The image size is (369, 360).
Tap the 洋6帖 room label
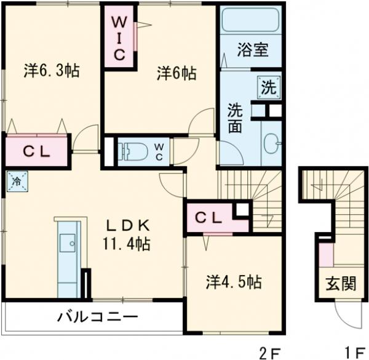[176, 73]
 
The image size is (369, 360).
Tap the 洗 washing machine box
[269, 87]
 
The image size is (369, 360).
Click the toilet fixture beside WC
[130, 150]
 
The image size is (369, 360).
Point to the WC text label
[159, 150]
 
